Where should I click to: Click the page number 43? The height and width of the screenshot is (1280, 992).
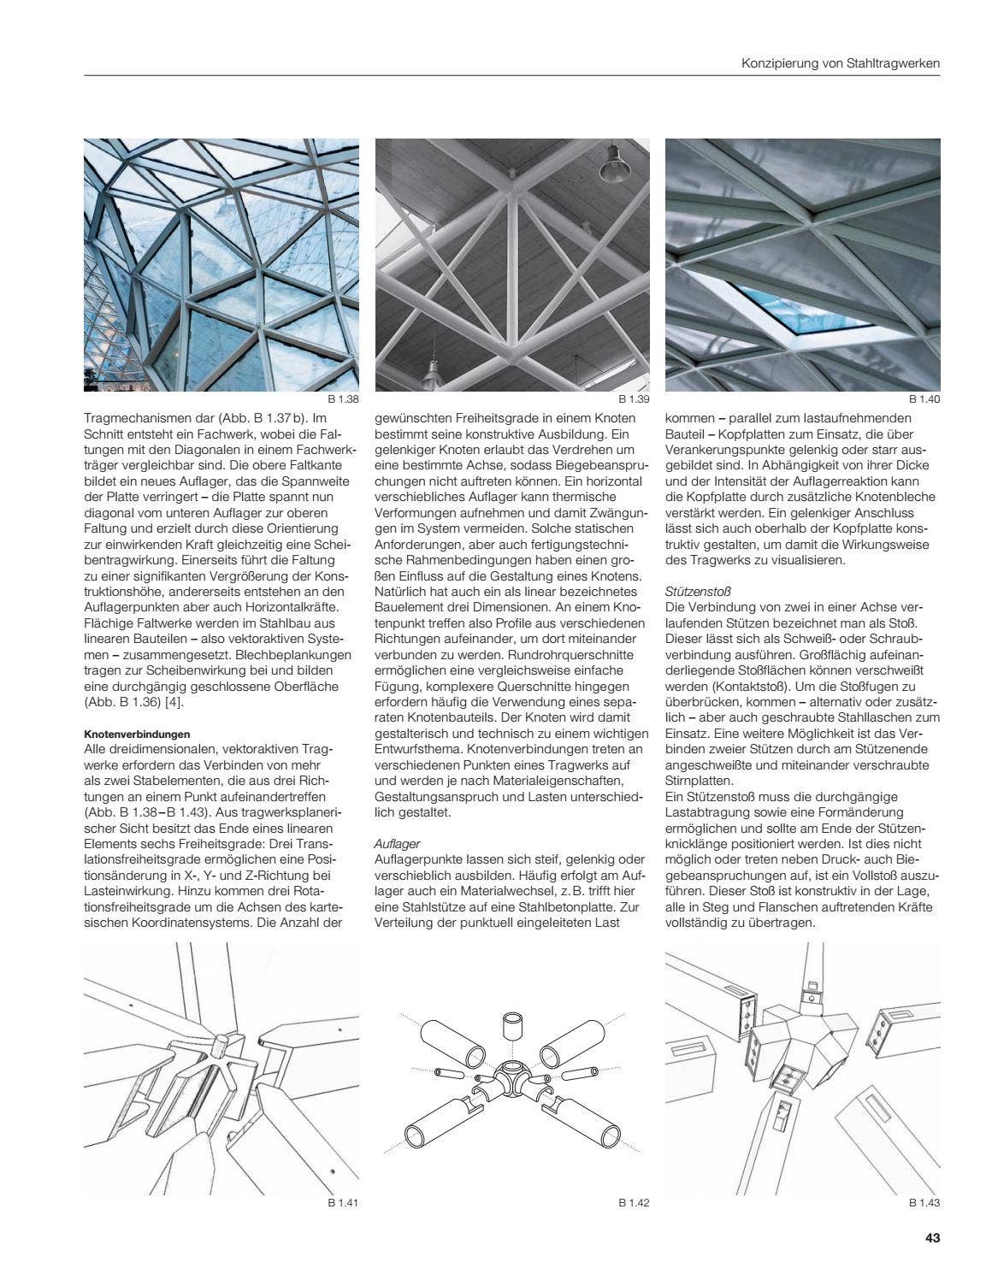(x=932, y=1238)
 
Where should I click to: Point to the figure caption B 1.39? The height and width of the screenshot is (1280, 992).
(x=634, y=399)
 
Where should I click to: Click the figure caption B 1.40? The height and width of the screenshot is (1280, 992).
(x=924, y=399)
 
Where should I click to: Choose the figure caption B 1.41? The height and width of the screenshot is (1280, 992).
(x=342, y=1203)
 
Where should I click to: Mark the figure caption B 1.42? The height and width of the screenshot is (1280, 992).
(x=634, y=1203)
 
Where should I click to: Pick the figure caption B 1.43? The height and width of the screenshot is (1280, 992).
(x=924, y=1203)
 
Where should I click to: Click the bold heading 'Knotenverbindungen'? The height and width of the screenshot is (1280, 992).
(x=137, y=734)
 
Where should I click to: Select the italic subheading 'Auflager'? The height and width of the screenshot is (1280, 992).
(x=398, y=843)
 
